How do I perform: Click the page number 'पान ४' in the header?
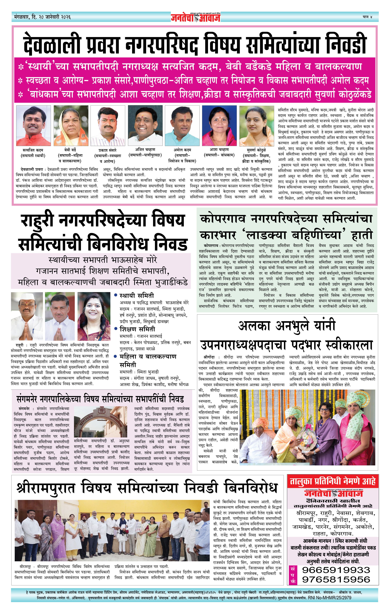[367, 17]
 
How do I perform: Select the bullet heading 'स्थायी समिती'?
[137, 296]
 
